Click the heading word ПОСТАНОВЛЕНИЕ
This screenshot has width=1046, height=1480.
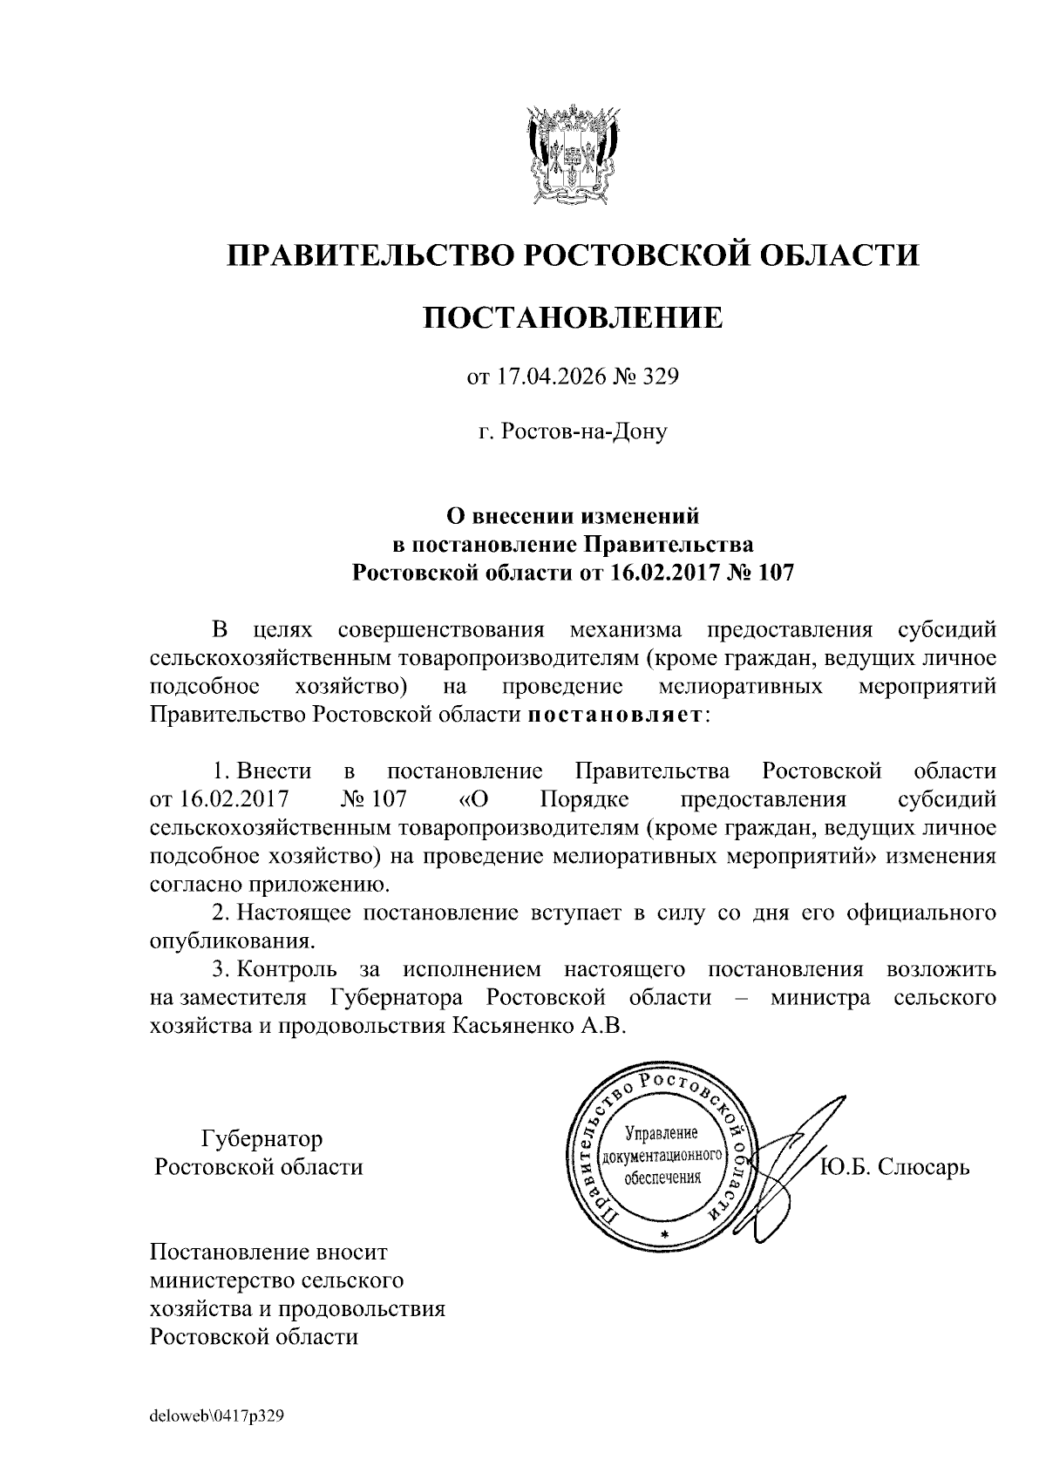click(x=573, y=317)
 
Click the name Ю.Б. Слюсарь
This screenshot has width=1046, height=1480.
click(x=894, y=1166)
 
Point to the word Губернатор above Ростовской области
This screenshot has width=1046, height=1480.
click(x=261, y=1138)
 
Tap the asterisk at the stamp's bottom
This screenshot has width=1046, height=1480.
click(x=664, y=1235)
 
